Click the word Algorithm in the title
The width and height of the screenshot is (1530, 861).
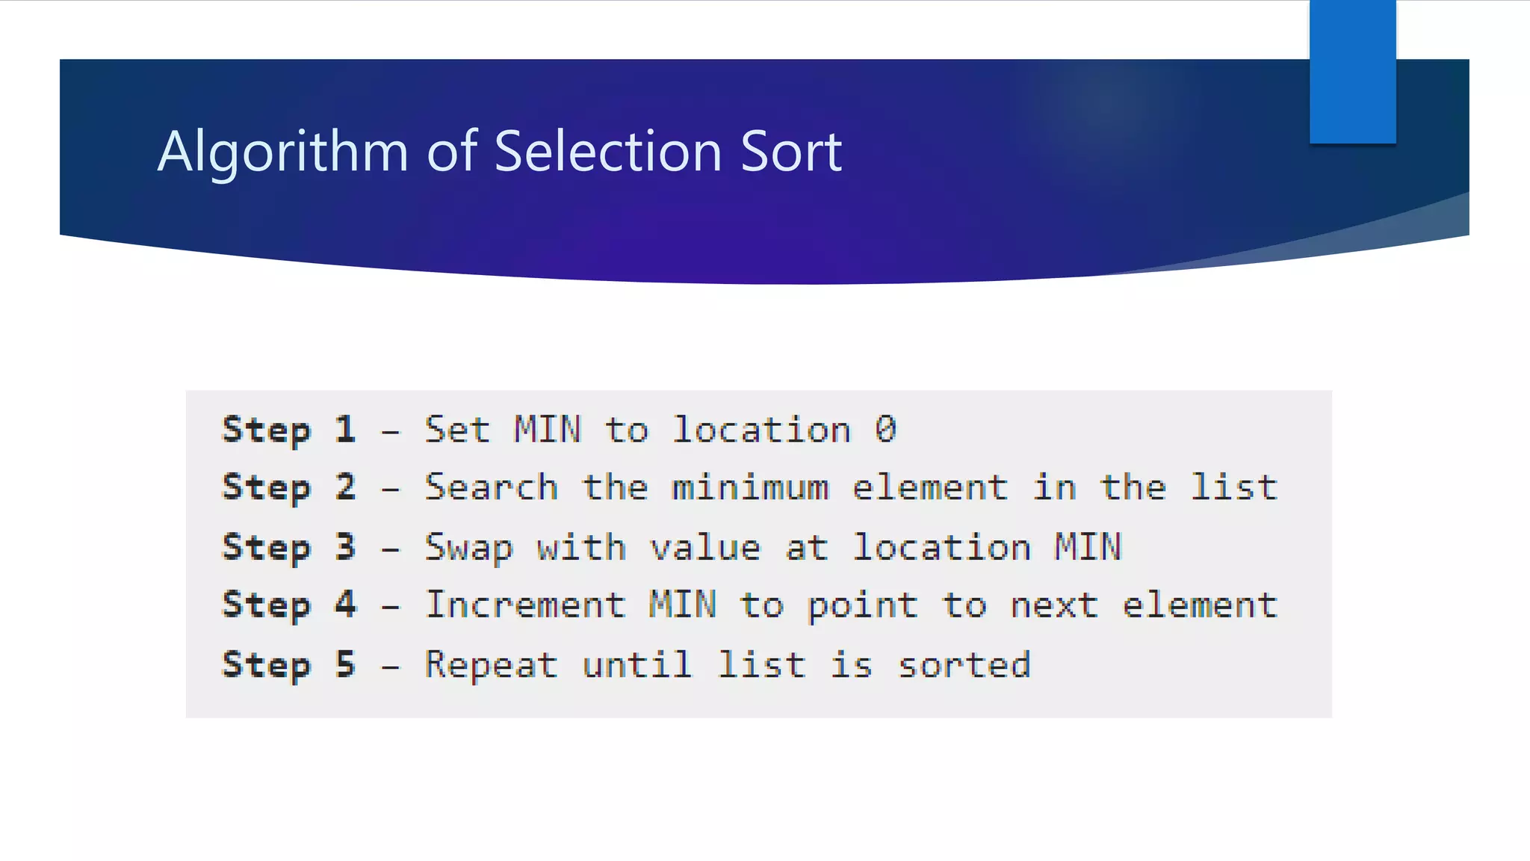[x=282, y=152]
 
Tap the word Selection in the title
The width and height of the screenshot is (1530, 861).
[x=609, y=151]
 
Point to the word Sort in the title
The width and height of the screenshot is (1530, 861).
[x=791, y=151]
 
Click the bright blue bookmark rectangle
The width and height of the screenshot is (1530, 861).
[x=1352, y=71]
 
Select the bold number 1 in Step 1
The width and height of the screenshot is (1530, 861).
[x=344, y=430]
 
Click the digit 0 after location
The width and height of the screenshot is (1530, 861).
[x=885, y=430]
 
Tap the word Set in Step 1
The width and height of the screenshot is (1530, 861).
[x=457, y=430]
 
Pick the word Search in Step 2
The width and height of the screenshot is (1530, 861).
[x=492, y=487]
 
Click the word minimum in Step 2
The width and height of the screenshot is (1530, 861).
[x=750, y=487]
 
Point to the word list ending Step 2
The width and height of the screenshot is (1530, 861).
[x=1233, y=487]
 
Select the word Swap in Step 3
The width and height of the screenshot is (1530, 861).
[x=469, y=548]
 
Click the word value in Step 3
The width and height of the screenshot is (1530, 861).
[x=705, y=548]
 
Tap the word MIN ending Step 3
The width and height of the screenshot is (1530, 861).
[x=1088, y=547]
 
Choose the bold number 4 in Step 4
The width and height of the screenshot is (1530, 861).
[x=344, y=604]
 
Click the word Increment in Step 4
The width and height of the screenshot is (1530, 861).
[x=525, y=604]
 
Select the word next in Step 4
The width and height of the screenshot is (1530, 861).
[x=1054, y=605]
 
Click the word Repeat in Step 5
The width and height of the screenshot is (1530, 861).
[x=492, y=665]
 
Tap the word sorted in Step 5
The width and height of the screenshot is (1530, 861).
[x=964, y=664]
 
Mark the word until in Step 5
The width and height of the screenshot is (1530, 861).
[x=637, y=664]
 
